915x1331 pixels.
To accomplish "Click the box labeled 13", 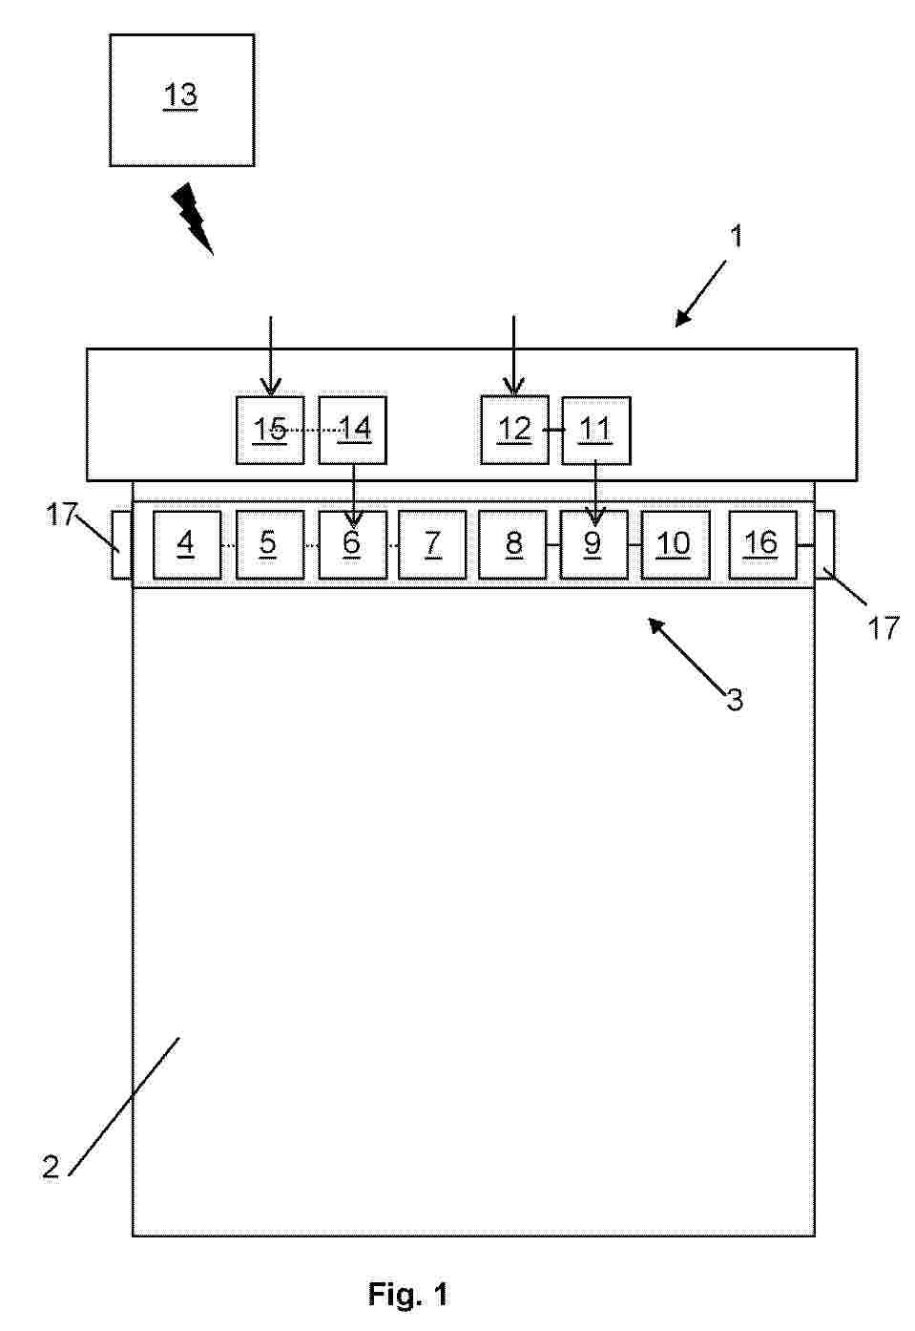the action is (181, 100).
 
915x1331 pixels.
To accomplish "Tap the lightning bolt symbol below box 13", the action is (193, 219).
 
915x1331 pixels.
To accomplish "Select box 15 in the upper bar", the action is (270, 431).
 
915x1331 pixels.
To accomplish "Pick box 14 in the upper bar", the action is (353, 431).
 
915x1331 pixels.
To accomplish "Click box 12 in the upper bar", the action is (515, 430).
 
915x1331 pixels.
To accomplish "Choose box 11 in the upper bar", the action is (596, 431).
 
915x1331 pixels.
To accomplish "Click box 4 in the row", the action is (187, 544).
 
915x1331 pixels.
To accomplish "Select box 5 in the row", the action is (270, 544).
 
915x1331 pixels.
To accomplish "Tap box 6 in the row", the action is (353, 544).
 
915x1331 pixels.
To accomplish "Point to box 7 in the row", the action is (432, 544).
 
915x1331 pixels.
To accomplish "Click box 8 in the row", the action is (512, 544).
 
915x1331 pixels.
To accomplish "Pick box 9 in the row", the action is (593, 544).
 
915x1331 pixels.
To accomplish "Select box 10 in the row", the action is (676, 544).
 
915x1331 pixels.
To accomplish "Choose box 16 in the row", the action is (763, 544).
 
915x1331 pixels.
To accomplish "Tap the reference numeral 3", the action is (735, 700).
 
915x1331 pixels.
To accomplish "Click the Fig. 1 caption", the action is (408, 1294).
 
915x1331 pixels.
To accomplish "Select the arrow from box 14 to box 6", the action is (354, 496).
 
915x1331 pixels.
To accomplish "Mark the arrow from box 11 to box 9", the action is (595, 496).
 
